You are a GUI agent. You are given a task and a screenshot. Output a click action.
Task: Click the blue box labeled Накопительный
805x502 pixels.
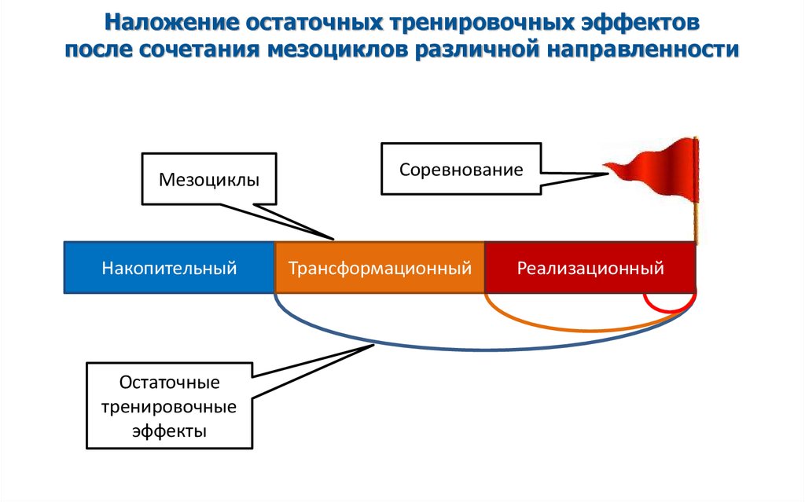pyautogui.click(x=168, y=268)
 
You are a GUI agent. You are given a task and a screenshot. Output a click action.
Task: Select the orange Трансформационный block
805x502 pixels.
pyautogui.click(x=379, y=268)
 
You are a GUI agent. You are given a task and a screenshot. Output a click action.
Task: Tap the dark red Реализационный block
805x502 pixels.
pyautogui.click(x=590, y=268)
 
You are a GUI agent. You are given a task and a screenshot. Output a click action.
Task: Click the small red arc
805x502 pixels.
pyautogui.click(x=669, y=309)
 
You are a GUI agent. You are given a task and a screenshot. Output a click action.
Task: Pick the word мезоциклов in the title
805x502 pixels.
pyautogui.click(x=340, y=49)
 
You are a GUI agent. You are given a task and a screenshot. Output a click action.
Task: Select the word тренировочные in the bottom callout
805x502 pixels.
pyautogui.click(x=169, y=407)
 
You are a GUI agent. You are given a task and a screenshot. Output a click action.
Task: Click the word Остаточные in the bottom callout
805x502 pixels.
pyautogui.click(x=169, y=383)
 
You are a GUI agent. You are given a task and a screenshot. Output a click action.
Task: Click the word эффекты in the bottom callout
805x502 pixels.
pyautogui.click(x=169, y=431)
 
